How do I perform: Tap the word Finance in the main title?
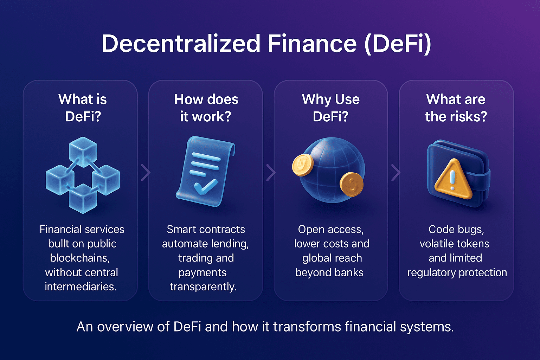pyautogui.click(x=312, y=44)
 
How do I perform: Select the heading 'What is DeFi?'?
pyautogui.click(x=83, y=108)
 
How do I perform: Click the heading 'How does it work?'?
pyautogui.click(x=206, y=108)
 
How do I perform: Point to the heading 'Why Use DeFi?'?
pyautogui.click(x=330, y=108)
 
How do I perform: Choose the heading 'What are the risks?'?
pyautogui.click(x=456, y=108)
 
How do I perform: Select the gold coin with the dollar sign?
pyautogui.click(x=352, y=184)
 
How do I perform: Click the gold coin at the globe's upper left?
pyautogui.click(x=302, y=165)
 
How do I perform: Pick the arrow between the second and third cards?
pyautogui.click(x=270, y=172)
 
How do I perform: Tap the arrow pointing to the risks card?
pyautogui.click(x=396, y=172)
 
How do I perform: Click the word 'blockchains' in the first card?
pyautogui.click(x=80, y=258)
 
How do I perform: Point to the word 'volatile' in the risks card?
pyautogui.click(x=434, y=244)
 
